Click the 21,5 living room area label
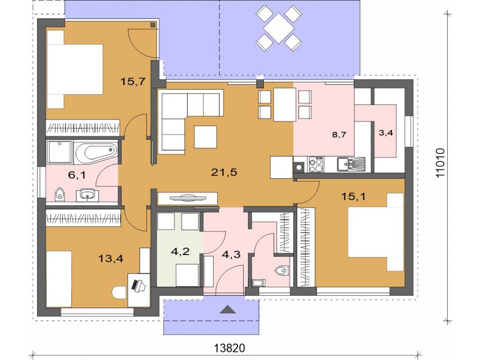tap(224, 172)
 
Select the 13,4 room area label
tap(111, 259)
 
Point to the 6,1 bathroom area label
tap(77, 175)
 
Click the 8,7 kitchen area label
tap(339, 134)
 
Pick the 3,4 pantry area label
tap(386, 133)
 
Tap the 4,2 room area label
tap(180, 252)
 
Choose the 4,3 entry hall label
tap(231, 255)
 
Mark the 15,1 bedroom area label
tap(353, 196)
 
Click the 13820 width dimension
tap(229, 348)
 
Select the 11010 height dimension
tap(440, 163)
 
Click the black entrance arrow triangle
tap(228, 309)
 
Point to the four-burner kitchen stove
tap(315, 165)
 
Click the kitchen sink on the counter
tap(351, 164)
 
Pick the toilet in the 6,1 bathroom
tap(60, 195)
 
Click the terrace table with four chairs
tap(278, 28)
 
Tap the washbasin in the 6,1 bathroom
tap(89, 195)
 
